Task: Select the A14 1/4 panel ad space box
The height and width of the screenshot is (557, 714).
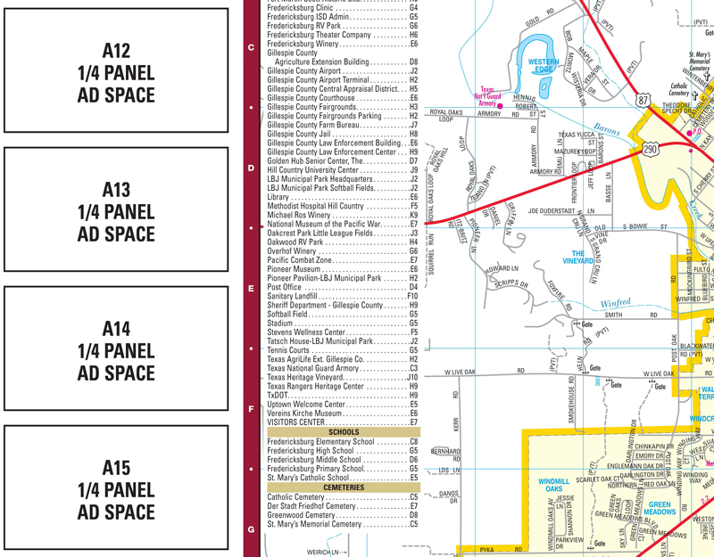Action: pyautogui.click(x=117, y=350)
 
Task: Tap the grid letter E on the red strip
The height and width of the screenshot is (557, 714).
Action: pyautogui.click(x=251, y=289)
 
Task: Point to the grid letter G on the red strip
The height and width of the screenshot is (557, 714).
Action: pyautogui.click(x=251, y=529)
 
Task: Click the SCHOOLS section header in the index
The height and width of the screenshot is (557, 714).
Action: pyautogui.click(x=344, y=432)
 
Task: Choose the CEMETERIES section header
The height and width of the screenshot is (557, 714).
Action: pyautogui.click(x=344, y=487)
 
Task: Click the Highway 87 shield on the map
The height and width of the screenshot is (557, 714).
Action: pyautogui.click(x=643, y=101)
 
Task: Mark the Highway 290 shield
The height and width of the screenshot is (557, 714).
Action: pyautogui.click(x=651, y=150)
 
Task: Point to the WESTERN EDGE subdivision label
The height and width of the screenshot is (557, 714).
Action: pyautogui.click(x=544, y=66)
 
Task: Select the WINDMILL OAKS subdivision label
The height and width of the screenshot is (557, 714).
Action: pyautogui.click(x=554, y=485)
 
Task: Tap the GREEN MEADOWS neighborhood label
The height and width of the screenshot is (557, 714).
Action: pyautogui.click(x=660, y=508)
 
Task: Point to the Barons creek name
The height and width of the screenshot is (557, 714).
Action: pyautogui.click(x=607, y=130)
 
